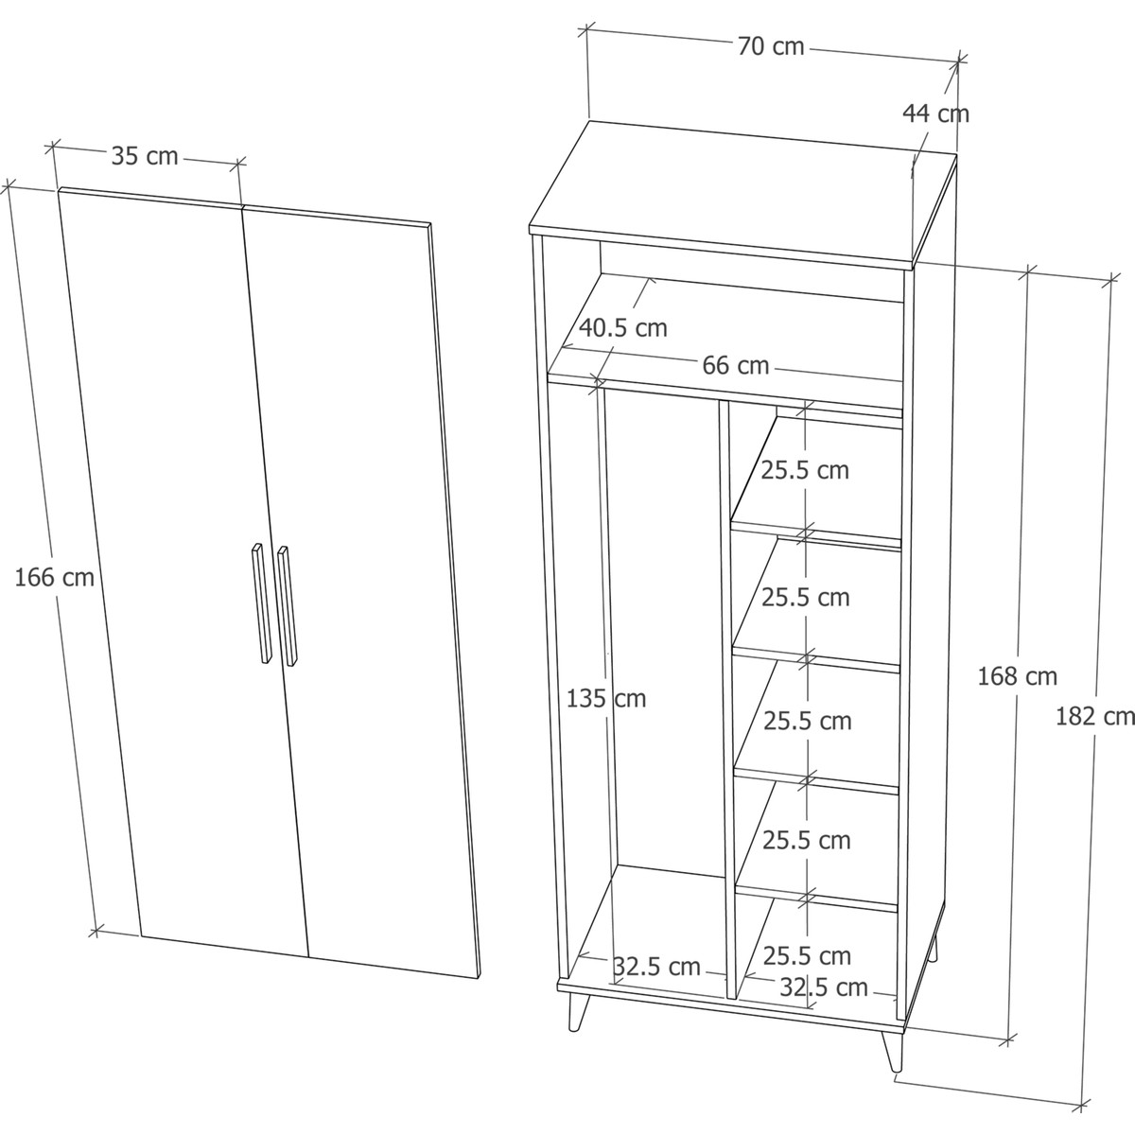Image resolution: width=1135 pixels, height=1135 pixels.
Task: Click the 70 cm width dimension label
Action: [x=771, y=46]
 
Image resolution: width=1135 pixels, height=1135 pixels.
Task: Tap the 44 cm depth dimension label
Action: [x=936, y=113]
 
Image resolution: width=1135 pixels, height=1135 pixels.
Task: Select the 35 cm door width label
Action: [x=145, y=156]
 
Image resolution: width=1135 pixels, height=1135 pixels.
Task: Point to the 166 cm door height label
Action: [x=54, y=578]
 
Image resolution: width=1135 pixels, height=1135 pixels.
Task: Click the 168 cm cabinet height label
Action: [x=1017, y=676]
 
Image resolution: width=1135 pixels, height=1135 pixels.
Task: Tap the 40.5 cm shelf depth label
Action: [x=623, y=328]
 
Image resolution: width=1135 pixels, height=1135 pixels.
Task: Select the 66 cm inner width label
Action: [x=736, y=366]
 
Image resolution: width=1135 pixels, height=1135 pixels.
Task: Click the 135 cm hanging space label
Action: [x=606, y=699]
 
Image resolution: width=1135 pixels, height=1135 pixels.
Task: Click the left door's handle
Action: [x=261, y=603]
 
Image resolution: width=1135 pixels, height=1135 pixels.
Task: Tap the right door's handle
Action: [x=288, y=606]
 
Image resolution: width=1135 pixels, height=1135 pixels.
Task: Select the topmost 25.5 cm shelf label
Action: [x=805, y=470]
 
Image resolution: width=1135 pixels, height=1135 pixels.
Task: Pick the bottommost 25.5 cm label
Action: [x=807, y=955]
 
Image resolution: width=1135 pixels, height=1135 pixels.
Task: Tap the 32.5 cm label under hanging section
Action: [x=656, y=967]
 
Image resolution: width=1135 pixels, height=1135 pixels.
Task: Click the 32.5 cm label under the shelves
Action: [x=824, y=987]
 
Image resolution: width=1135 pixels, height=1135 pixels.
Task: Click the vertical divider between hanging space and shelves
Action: [x=727, y=700]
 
